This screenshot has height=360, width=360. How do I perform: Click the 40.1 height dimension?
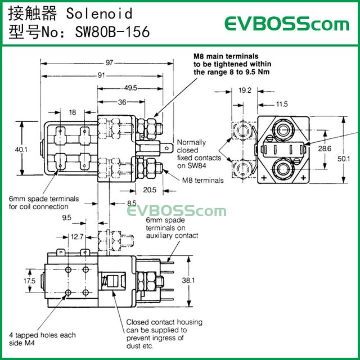coord(21,150)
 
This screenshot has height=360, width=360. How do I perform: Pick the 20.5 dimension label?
coord(150,190)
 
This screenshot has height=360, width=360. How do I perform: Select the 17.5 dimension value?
coord(29,280)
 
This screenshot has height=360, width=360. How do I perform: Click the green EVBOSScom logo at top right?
coord(287,24)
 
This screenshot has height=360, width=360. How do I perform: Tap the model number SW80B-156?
coord(112,32)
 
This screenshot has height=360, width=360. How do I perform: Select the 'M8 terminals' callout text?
coord(203,181)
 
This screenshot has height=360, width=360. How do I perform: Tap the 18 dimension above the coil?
coord(71,112)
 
